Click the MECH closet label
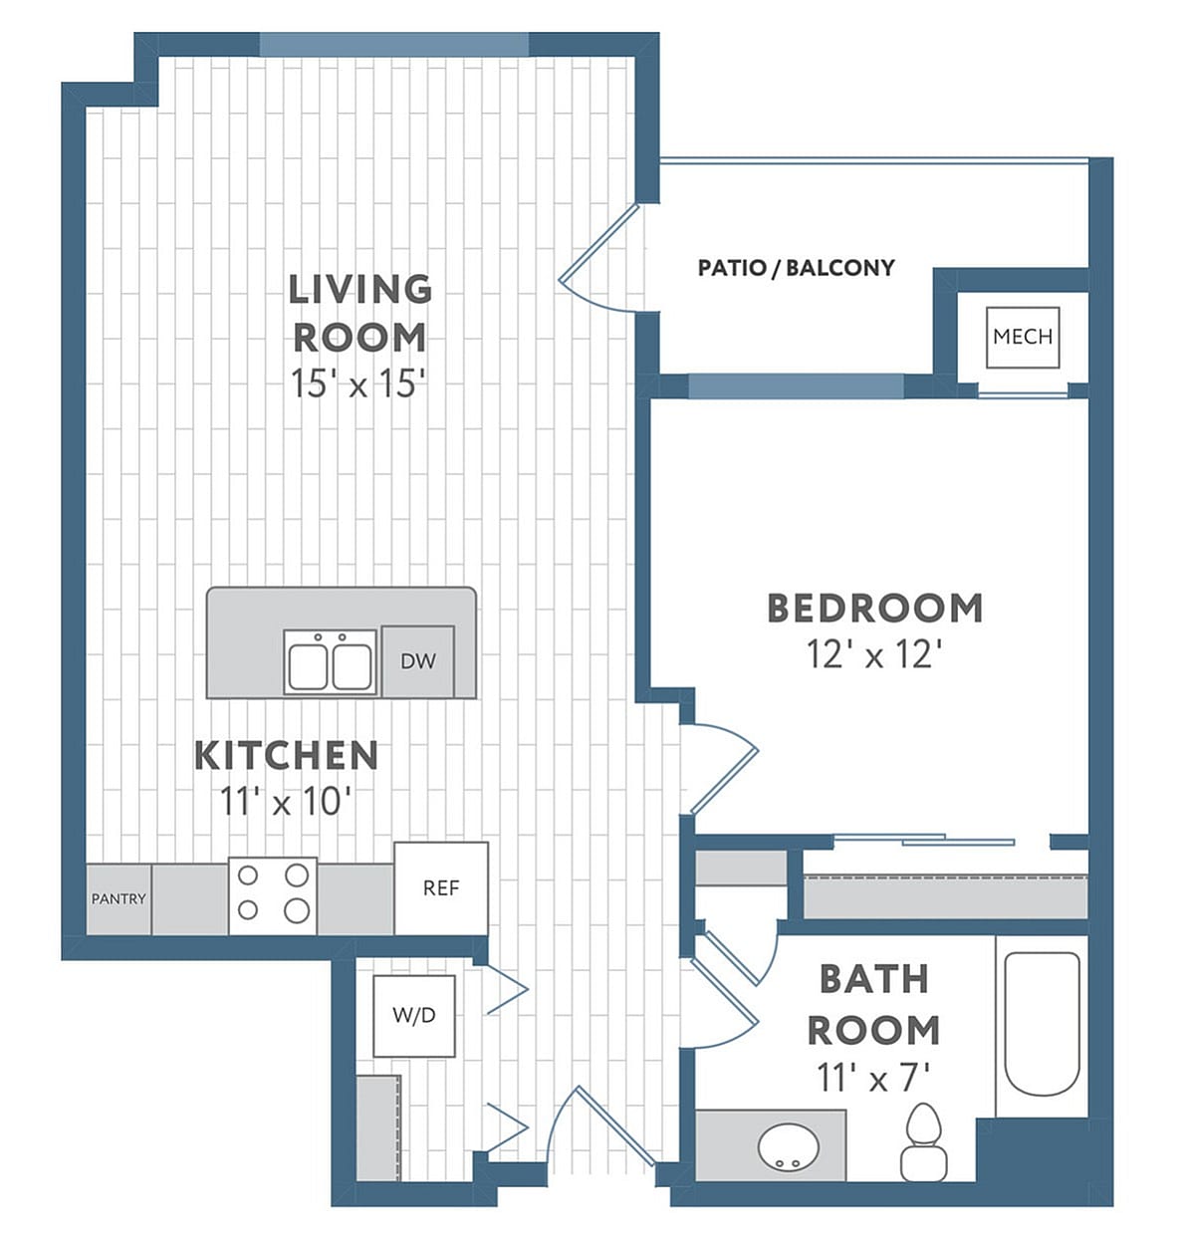coord(1022,337)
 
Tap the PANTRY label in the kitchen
coord(118,898)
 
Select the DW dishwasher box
coord(417,660)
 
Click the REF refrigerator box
coord(441,887)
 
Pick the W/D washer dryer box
coord(414,1015)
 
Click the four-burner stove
coord(272,893)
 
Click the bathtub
coord(1041,1023)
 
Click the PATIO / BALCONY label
coord(796,267)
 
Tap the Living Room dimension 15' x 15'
coord(358,383)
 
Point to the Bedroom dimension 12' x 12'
coord(873,654)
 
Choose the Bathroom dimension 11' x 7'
coord(872,1077)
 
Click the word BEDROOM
coord(873,608)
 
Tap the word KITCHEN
coord(286,755)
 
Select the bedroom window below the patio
coord(796,386)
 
